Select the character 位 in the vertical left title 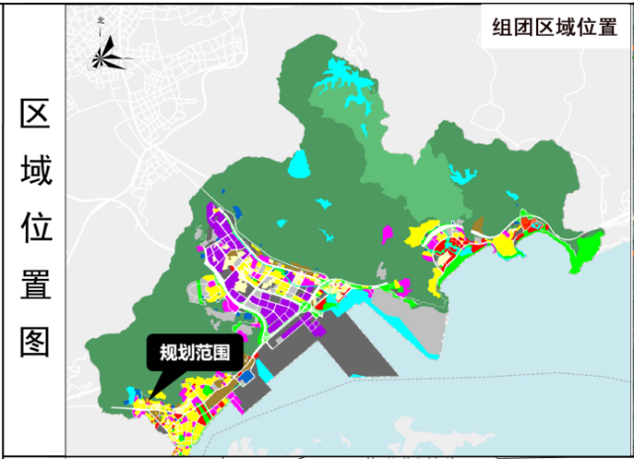(x=36, y=229)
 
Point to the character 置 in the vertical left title (x=36, y=285)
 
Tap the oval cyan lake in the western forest (x=300, y=162)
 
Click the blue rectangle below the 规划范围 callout (x=247, y=377)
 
